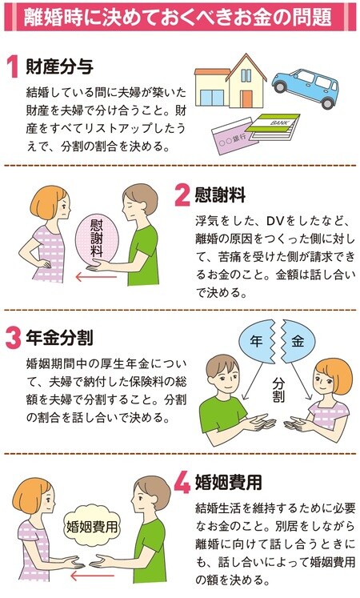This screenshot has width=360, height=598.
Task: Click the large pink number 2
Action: (x=182, y=196)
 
